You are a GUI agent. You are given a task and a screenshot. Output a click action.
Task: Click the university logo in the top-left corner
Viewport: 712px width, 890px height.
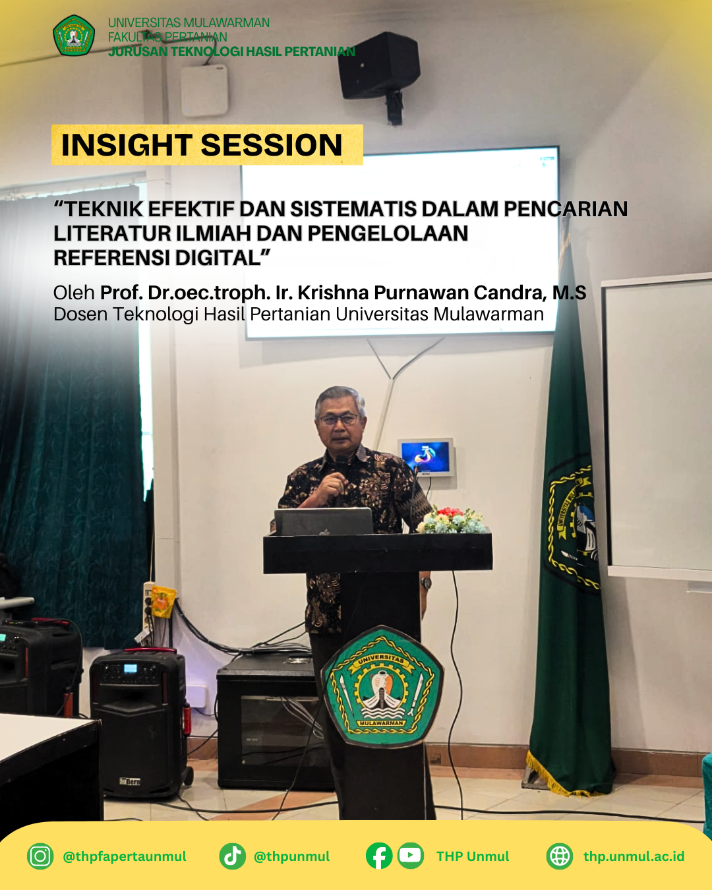74,36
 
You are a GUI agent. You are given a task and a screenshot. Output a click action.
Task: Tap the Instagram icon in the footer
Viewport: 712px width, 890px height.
40,856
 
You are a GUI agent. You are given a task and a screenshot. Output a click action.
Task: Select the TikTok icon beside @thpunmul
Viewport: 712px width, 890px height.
232,856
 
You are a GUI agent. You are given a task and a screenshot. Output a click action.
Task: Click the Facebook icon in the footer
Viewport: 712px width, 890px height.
379,856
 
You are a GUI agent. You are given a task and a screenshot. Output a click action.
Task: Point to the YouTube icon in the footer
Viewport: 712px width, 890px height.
411,856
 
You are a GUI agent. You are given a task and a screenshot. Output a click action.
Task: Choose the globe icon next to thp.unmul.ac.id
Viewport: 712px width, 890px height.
560,856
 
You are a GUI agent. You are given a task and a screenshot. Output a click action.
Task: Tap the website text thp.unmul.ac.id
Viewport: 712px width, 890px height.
634,856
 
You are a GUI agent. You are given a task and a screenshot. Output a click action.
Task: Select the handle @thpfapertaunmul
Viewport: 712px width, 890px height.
125,856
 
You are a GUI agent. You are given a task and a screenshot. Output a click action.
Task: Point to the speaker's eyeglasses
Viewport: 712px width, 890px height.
340,419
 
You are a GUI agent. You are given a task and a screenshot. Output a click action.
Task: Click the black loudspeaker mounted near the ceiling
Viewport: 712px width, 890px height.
380,66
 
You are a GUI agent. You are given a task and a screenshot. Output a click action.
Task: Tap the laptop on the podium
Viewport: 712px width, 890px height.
324,522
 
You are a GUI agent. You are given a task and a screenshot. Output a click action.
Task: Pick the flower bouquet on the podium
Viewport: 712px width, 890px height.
452,521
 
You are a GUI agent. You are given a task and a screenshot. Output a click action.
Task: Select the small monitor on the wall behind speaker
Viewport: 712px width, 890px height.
426,457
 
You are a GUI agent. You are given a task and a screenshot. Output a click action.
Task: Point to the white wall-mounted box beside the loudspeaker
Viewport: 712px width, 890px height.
204,90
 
